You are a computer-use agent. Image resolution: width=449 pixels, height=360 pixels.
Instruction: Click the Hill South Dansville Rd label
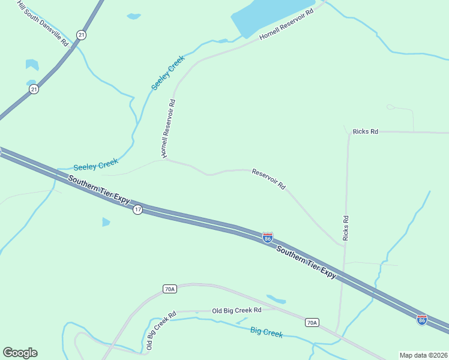pos(43,25)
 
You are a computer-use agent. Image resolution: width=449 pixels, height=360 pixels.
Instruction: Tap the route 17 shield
pos(137,209)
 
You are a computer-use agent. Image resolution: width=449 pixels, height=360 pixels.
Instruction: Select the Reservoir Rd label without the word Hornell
pos(268,179)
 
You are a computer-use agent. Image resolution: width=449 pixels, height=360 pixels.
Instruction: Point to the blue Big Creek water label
pos(266,332)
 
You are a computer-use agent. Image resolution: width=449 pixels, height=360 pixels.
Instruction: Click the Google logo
pos(20,353)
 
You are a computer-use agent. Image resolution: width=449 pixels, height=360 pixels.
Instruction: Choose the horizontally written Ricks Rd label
pos(366,131)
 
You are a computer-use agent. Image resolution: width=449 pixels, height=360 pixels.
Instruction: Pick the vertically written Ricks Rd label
pos(346,228)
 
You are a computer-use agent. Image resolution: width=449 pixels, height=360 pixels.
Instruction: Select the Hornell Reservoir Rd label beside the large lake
pos(287,25)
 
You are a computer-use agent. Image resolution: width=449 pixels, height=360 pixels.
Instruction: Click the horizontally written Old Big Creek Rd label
pos(237,310)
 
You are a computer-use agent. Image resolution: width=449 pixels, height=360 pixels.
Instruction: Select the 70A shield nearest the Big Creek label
pos(312,323)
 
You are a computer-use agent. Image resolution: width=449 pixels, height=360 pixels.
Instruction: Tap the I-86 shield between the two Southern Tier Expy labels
pos(268,238)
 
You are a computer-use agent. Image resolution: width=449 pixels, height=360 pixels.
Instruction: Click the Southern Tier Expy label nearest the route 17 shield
pos(98,190)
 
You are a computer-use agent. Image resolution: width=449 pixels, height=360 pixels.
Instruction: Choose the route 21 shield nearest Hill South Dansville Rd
pos(82,35)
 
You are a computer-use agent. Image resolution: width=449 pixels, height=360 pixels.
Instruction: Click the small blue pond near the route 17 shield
pos(106,222)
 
